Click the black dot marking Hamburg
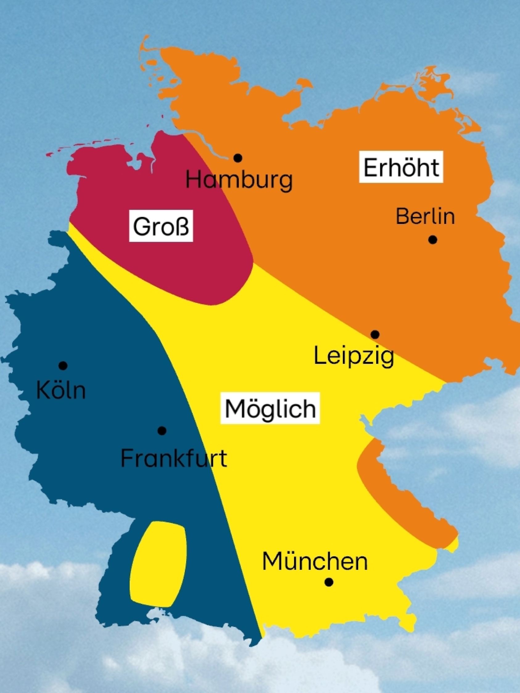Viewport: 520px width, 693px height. pyautogui.click(x=238, y=158)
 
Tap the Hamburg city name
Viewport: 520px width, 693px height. pyautogui.click(x=239, y=180)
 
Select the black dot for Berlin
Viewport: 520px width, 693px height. pyautogui.click(x=432, y=240)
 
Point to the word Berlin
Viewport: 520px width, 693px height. pyautogui.click(x=425, y=216)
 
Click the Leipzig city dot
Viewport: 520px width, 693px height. pyautogui.click(x=375, y=334)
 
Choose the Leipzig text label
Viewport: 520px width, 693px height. pyautogui.click(x=354, y=357)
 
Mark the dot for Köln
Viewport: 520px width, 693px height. pyautogui.click(x=63, y=365)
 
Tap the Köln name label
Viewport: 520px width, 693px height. pyautogui.click(x=61, y=390)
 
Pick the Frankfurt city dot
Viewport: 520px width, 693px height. pyautogui.click(x=162, y=431)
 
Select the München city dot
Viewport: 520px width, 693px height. pyautogui.click(x=329, y=582)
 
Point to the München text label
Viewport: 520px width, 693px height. pyautogui.click(x=315, y=561)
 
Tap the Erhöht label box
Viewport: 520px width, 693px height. pyautogui.click(x=401, y=168)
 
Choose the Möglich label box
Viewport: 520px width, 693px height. pyautogui.click(x=270, y=408)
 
